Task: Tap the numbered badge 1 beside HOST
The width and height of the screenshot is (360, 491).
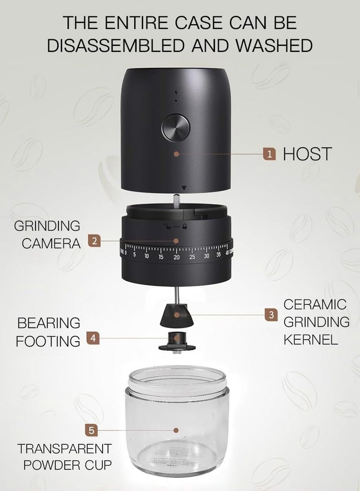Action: click(x=269, y=154)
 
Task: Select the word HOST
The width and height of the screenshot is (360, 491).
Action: click(x=307, y=154)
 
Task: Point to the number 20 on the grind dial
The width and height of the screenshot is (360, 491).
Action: click(x=176, y=257)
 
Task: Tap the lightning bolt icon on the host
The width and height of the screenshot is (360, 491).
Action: click(x=176, y=91)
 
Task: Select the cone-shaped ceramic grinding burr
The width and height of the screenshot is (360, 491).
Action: click(x=176, y=315)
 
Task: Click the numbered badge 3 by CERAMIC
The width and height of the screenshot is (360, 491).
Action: click(x=270, y=315)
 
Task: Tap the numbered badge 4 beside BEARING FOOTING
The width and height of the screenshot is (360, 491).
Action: click(x=92, y=338)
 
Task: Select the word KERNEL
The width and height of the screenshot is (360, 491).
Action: click(x=310, y=339)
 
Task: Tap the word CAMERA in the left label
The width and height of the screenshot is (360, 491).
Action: click(x=51, y=243)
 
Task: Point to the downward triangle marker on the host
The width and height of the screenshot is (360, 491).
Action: click(x=182, y=188)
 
